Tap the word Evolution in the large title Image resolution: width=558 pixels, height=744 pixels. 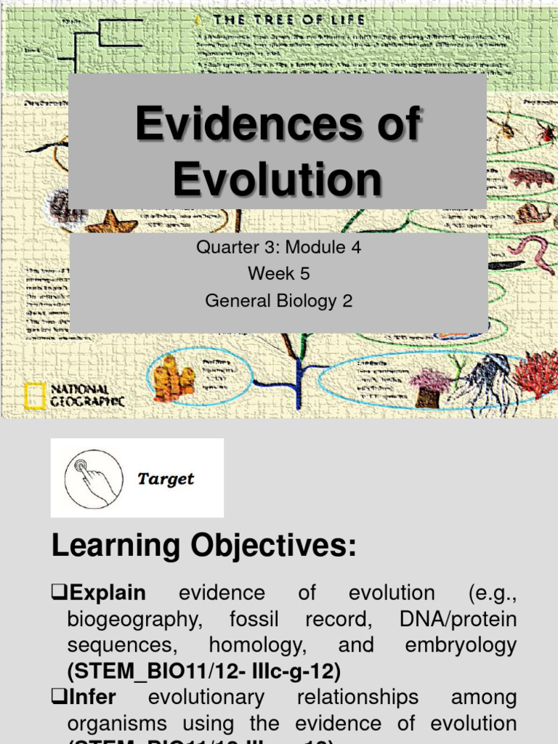pyautogui.click(x=278, y=179)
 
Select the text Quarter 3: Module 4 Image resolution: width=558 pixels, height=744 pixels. pyautogui.click(x=278, y=247)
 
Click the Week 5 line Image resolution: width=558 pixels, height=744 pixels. pyautogui.click(x=278, y=273)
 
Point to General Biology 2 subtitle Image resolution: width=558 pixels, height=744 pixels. pyautogui.click(x=278, y=300)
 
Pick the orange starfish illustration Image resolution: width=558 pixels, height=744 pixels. pyautogui.click(x=113, y=221)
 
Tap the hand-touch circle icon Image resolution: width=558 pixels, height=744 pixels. pyautogui.click(x=92, y=479)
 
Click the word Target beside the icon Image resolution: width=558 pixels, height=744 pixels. pyautogui.click(x=166, y=479)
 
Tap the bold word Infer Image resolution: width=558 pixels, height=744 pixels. pyautogui.click(x=92, y=697)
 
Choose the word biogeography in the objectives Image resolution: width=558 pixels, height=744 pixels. pyautogui.click(x=126, y=619)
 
